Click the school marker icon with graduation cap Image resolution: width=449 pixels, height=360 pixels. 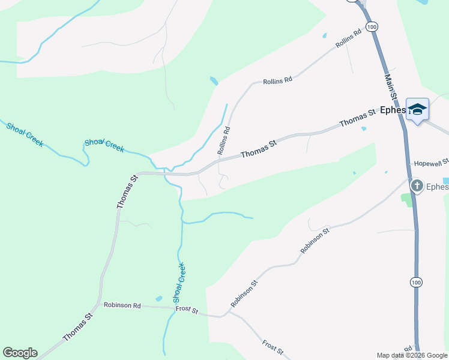coord(417,110)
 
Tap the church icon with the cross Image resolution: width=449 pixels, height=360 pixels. coord(417,186)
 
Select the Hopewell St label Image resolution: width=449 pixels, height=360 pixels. coord(432,163)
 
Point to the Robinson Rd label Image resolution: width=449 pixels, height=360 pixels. coord(122,305)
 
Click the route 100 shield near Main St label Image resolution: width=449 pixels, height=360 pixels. coord(372,27)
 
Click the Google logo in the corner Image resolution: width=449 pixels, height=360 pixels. coord(20,353)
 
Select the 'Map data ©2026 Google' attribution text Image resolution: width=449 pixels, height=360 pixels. coord(411,355)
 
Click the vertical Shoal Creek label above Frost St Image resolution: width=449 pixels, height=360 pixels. coord(179,282)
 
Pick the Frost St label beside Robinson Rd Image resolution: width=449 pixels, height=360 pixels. coord(186,309)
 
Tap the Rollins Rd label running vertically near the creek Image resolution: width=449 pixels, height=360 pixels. coord(223,137)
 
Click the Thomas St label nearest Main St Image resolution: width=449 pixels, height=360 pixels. coord(357,117)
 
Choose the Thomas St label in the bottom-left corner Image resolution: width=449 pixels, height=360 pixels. coord(79,327)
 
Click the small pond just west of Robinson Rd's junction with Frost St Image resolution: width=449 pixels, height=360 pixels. coord(158,298)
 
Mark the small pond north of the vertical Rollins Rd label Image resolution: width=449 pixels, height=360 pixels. coord(214,80)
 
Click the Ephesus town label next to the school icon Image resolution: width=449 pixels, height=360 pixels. coord(393,110)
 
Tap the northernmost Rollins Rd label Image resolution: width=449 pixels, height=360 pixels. coord(351,38)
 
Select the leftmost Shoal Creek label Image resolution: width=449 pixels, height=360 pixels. coord(25,134)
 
